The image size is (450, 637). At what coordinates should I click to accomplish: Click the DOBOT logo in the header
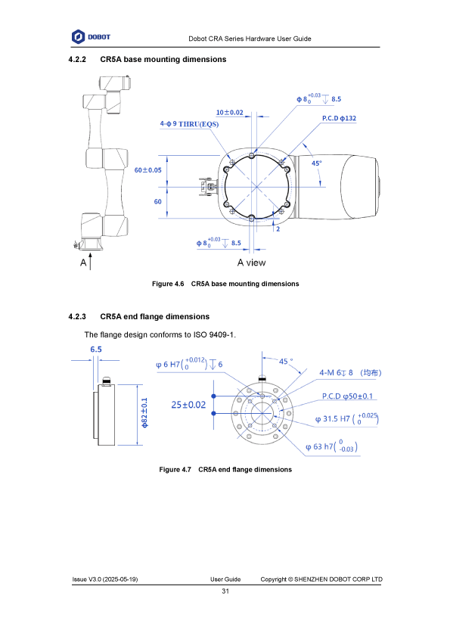91,37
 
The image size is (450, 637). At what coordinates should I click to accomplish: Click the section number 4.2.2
77,59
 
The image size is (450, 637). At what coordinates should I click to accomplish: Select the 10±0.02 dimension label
229,113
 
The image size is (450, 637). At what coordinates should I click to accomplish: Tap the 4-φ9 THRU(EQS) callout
189,124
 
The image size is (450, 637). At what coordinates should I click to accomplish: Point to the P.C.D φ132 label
339,118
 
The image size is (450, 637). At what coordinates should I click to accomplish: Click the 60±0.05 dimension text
147,169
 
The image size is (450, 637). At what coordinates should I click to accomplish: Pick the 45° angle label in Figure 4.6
316,163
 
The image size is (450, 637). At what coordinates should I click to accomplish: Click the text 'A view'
251,263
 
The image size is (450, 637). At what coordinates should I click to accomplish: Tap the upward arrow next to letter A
90,261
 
